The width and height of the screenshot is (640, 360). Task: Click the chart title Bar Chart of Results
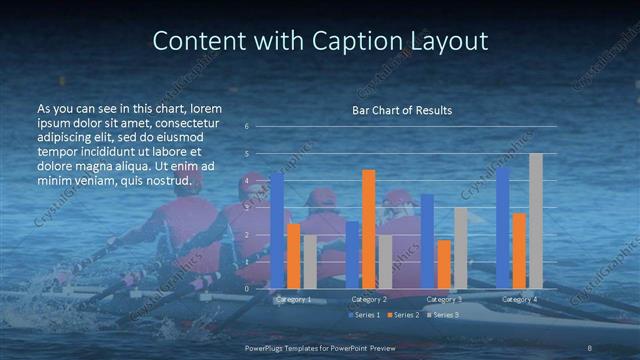pyautogui.click(x=402, y=109)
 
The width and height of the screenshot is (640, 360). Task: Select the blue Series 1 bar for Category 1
pyautogui.click(x=277, y=230)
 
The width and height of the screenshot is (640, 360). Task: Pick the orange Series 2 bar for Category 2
pyautogui.click(x=369, y=229)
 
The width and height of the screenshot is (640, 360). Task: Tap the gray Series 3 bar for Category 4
pyautogui.click(x=535, y=221)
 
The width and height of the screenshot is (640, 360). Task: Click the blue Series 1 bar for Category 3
pyautogui.click(x=428, y=241)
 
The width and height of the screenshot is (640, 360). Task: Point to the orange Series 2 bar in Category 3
pyautogui.click(x=444, y=264)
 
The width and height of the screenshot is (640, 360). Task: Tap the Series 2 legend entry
pyautogui.click(x=402, y=315)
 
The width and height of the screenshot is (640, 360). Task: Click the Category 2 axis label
pyautogui.click(x=369, y=299)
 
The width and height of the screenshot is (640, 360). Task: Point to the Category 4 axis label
pyautogui.click(x=519, y=299)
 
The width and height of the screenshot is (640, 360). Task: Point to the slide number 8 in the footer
pyautogui.click(x=591, y=347)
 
